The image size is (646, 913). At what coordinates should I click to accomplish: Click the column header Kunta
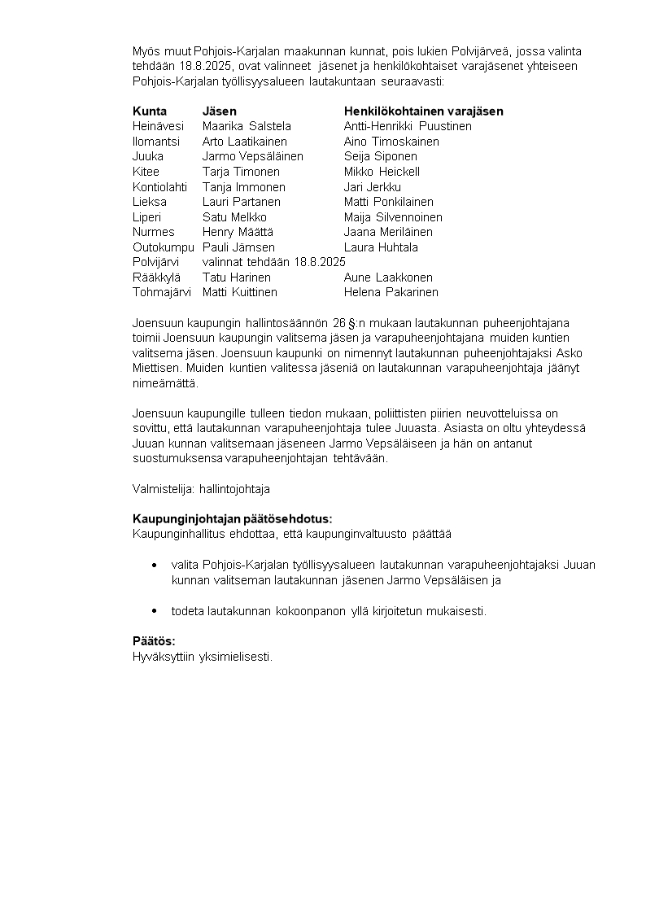tap(150, 111)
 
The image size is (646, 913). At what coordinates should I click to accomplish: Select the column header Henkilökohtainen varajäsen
tap(423, 111)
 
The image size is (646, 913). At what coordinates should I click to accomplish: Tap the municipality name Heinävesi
tap(158, 126)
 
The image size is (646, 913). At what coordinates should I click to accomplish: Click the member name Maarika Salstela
tap(247, 126)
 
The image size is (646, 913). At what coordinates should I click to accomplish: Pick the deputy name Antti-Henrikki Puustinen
tap(408, 126)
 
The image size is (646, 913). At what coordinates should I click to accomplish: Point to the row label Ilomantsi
tap(156, 142)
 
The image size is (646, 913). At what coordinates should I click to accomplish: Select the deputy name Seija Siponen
tap(381, 156)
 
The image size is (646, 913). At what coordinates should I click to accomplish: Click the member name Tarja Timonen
tap(241, 172)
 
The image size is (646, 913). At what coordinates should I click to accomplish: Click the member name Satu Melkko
tap(234, 217)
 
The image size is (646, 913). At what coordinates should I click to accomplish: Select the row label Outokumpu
tap(164, 247)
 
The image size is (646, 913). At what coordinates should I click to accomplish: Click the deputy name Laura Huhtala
tap(381, 247)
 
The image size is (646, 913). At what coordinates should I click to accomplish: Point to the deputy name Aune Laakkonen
tap(388, 277)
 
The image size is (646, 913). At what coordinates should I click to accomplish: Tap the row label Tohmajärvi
tap(162, 292)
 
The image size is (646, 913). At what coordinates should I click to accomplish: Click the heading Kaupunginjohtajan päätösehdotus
tap(232, 519)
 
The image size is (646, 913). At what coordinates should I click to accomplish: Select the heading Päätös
tap(154, 641)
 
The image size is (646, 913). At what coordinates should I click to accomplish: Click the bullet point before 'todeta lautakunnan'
tap(155, 610)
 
